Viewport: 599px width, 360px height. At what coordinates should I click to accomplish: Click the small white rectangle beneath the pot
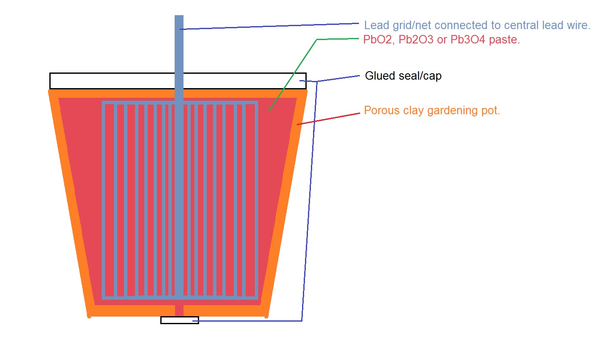pyautogui.click(x=180, y=320)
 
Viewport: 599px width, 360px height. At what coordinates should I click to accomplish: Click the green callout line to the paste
pyautogui.click(x=295, y=72)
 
